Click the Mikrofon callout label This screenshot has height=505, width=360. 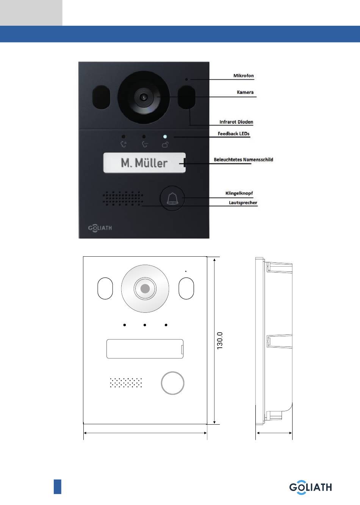point(243,76)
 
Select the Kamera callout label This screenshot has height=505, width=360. point(245,92)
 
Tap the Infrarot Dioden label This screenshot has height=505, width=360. point(236,122)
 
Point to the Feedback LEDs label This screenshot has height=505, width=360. point(233,133)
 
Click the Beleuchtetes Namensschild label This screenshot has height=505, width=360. point(243,160)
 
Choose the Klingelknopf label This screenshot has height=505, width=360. point(239,193)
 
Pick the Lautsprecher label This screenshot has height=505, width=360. point(243,202)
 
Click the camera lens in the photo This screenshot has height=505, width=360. point(144,97)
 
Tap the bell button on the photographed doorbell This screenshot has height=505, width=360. point(172,198)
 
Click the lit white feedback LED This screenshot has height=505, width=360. point(165,136)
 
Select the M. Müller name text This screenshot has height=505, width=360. point(144,163)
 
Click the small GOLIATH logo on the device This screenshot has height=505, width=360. point(100,228)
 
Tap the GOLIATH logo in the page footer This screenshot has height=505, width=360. point(310,488)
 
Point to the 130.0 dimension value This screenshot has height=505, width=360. point(220,340)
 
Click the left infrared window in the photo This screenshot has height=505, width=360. point(101,97)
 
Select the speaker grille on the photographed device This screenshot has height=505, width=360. point(123,198)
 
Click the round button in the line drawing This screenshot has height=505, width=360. point(172,383)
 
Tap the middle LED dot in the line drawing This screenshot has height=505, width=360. point(145,325)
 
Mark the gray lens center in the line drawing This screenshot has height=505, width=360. point(145,289)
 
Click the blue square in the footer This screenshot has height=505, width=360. point(57,486)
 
